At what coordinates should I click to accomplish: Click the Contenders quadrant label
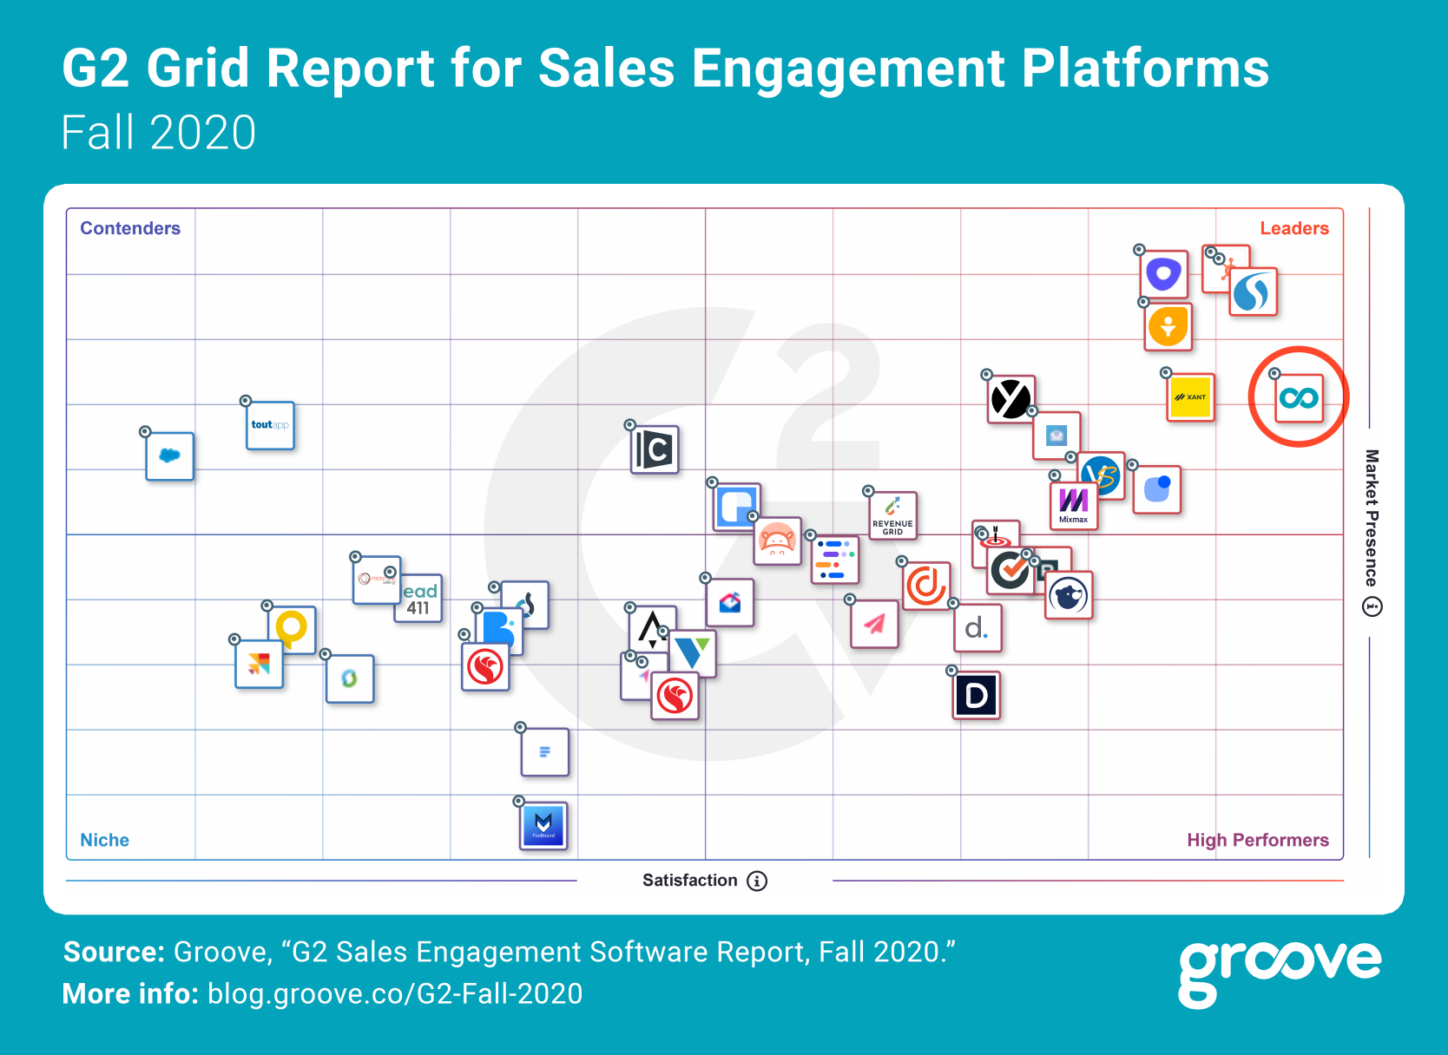click(x=130, y=228)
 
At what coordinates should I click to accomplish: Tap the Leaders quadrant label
click(x=1293, y=228)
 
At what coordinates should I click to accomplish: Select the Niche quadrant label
click(x=104, y=840)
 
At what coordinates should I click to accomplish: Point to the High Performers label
click(x=1257, y=840)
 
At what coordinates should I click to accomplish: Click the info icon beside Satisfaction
click(x=757, y=881)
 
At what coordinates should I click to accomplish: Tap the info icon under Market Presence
click(x=1372, y=606)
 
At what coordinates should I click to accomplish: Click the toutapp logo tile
click(x=270, y=425)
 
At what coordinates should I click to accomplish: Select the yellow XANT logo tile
click(x=1190, y=397)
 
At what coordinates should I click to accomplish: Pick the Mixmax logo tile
click(x=1074, y=505)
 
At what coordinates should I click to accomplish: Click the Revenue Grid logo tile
click(x=892, y=515)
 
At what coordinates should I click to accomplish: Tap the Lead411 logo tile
click(x=419, y=599)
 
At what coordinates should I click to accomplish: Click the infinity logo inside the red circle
click(x=1299, y=398)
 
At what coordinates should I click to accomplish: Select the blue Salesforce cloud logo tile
click(x=169, y=455)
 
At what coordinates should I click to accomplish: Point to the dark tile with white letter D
click(x=977, y=696)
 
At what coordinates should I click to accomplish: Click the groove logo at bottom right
click(x=1279, y=970)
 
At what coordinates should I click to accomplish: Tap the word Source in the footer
click(x=114, y=952)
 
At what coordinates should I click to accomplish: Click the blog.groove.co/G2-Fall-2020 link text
click(x=395, y=993)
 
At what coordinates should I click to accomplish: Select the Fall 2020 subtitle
click(x=159, y=133)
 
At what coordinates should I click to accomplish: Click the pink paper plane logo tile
click(x=874, y=624)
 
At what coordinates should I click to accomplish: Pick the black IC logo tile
click(x=655, y=449)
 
